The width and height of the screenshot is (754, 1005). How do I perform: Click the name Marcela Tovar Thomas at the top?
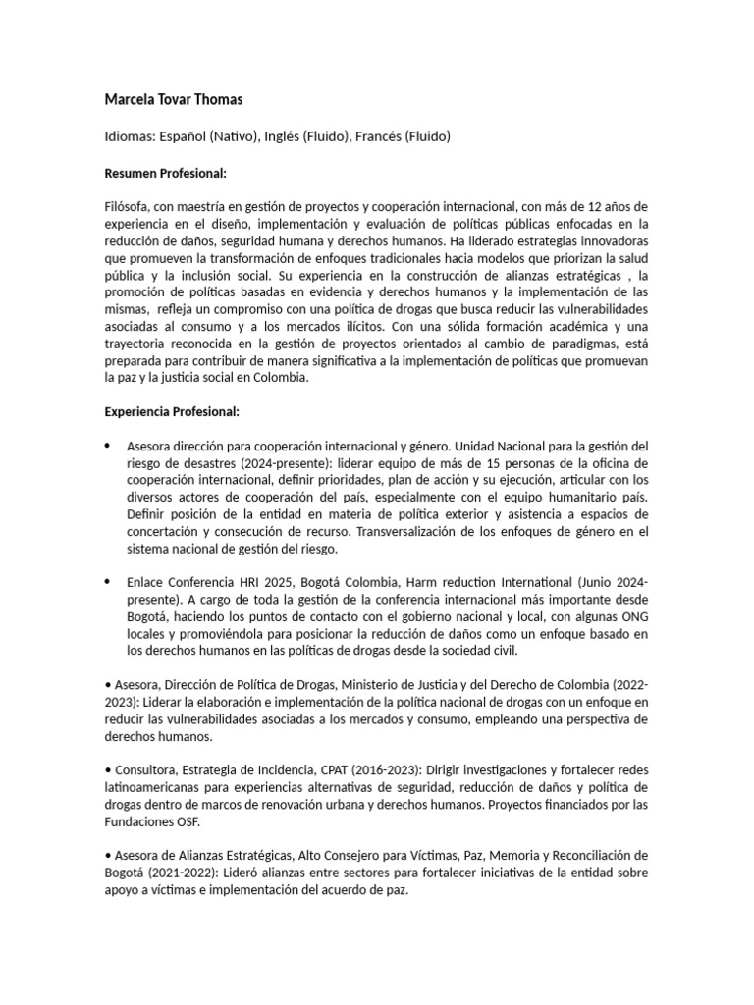[174, 99]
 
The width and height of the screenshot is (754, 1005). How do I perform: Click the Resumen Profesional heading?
[165, 174]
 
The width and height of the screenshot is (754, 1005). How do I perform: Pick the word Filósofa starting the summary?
[131, 207]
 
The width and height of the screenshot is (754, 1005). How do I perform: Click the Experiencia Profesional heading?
[172, 412]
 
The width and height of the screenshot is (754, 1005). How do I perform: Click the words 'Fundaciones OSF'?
[153, 822]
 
